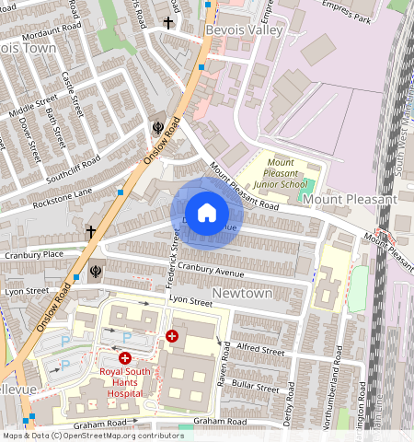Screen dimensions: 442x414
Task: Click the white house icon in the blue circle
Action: click(x=207, y=213)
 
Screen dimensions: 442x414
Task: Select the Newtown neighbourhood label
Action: click(x=243, y=292)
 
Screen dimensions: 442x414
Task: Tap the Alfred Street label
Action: click(x=260, y=348)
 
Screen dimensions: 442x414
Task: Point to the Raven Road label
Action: click(x=222, y=368)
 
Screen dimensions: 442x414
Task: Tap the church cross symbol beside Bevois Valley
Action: click(x=167, y=22)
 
